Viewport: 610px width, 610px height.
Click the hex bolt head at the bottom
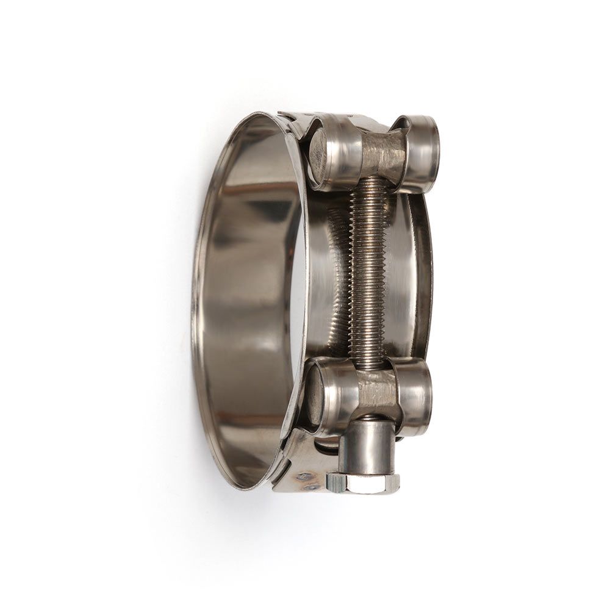(x=364, y=483)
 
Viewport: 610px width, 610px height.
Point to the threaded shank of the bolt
(x=368, y=268)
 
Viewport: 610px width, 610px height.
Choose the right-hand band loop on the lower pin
(x=415, y=393)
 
